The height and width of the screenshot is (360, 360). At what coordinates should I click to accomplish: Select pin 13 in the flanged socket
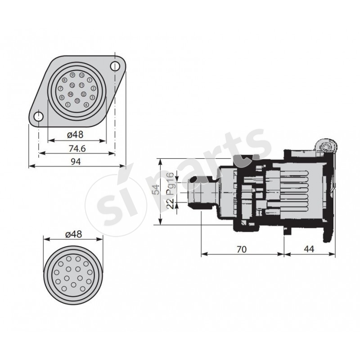pos(78,101)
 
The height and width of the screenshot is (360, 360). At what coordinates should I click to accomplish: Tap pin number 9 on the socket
pos(72,75)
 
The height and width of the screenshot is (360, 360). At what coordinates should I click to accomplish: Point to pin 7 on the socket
pos(61,89)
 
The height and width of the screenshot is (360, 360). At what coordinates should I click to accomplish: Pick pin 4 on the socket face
pos(86,104)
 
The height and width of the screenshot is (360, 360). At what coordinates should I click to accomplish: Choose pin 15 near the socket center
pos(72,85)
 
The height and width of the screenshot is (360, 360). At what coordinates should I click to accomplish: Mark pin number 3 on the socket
pos(92,97)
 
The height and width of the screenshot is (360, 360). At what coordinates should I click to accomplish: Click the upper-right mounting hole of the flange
pos(115,67)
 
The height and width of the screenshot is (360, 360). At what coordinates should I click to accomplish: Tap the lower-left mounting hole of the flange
pos(39,117)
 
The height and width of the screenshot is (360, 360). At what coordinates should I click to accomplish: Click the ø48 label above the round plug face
pos(73,234)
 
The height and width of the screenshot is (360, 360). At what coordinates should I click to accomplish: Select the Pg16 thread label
pos(170,183)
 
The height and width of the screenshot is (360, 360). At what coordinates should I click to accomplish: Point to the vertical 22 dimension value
pos(170,202)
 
